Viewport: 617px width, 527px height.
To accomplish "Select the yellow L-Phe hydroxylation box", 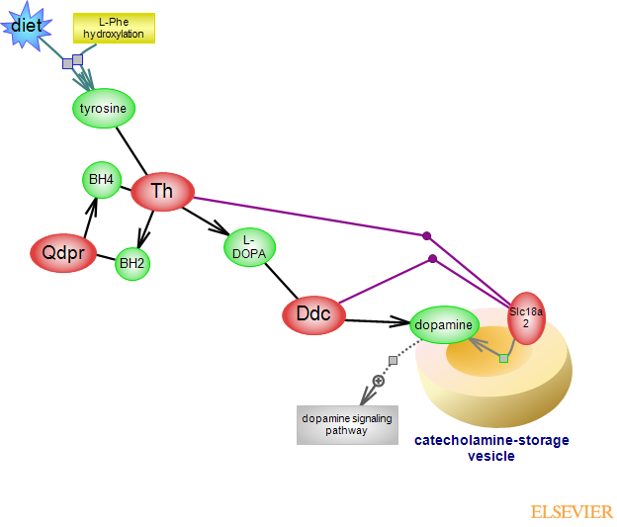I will point(114,28).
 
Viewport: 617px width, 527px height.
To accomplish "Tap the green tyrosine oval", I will point(104,108).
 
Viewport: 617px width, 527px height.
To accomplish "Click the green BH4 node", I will point(101,179).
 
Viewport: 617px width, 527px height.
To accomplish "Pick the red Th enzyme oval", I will point(162,191).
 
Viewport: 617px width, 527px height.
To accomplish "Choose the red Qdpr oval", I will point(62,253).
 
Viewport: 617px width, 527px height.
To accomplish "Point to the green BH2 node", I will point(132,263).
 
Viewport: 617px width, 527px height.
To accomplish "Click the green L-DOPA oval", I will point(250,246).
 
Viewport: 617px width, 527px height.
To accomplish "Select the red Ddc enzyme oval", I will point(313,314).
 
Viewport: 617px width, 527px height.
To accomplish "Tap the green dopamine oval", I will point(444,323).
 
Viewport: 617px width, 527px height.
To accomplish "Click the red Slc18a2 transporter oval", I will point(526,316).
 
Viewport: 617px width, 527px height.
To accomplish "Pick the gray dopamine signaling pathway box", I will point(347,424).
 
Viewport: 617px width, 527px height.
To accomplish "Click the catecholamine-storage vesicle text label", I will point(491,448).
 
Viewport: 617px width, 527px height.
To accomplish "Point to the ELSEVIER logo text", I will point(572,512).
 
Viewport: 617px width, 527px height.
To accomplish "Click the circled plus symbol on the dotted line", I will point(378,381).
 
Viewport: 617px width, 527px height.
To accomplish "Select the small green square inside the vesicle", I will point(503,358).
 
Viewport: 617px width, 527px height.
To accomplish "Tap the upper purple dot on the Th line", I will point(427,235).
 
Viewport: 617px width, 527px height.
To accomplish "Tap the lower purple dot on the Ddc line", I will point(432,259).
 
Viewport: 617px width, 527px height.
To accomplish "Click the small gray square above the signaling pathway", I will point(393,360).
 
